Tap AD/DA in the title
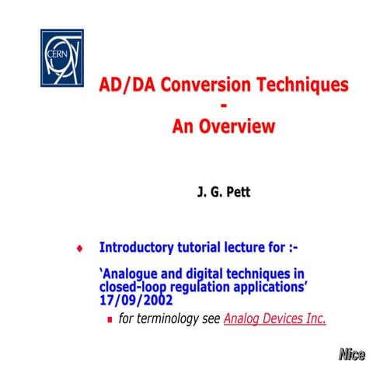click(x=125, y=85)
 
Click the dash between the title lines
click(x=224, y=106)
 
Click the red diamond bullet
click(x=79, y=249)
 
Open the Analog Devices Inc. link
click(x=274, y=318)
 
